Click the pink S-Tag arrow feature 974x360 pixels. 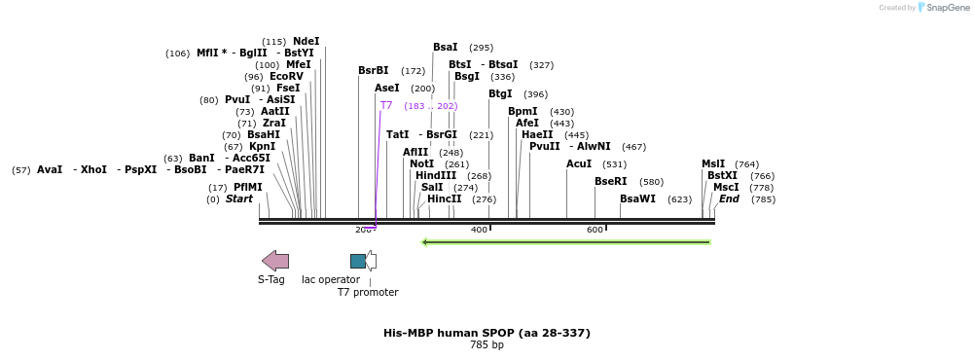click(x=275, y=261)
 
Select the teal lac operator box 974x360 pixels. click(x=358, y=261)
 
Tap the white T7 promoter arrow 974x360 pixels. click(x=371, y=261)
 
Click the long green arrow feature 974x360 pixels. click(x=565, y=242)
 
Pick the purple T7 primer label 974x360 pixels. click(x=386, y=106)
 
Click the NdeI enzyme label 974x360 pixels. click(x=306, y=42)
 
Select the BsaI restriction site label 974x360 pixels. click(x=445, y=48)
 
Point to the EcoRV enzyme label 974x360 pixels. click(x=286, y=77)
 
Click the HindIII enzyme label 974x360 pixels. click(x=435, y=176)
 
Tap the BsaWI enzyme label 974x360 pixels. click(x=637, y=199)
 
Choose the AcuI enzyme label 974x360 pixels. click(x=579, y=164)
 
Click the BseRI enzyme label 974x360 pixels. click(x=611, y=182)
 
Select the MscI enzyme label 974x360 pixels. click(x=726, y=188)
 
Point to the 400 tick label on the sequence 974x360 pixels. click(x=479, y=231)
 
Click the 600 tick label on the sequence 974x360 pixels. click(x=595, y=231)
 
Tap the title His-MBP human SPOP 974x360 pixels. click(x=487, y=333)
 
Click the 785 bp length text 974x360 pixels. click(x=487, y=345)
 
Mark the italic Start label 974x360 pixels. click(x=238, y=199)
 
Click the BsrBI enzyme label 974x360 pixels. click(x=373, y=71)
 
